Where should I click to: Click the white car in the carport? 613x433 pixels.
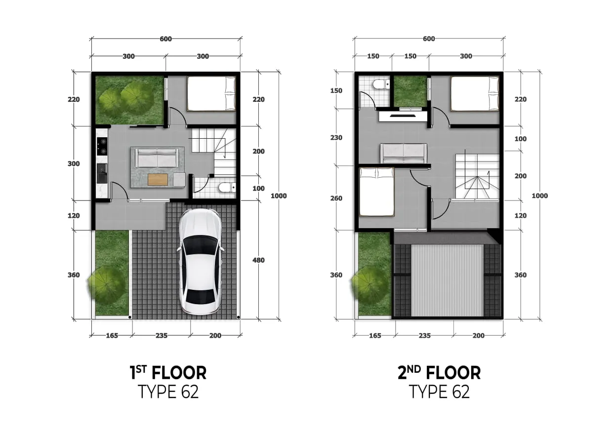click(200, 262)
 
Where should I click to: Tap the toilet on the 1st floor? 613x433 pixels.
click(227, 188)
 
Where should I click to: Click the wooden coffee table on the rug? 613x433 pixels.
click(157, 179)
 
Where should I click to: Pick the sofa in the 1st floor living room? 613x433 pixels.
click(157, 158)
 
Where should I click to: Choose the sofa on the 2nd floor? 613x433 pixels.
click(403, 153)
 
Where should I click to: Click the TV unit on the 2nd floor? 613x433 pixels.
click(403, 117)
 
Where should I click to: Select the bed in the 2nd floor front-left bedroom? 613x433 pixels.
click(376, 192)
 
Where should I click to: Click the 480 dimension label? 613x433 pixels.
click(258, 260)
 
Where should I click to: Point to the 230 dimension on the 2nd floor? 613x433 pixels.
click(336, 138)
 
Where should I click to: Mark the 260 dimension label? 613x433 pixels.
click(336, 198)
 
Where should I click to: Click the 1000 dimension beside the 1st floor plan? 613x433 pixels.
click(279, 196)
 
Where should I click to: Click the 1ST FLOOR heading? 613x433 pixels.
click(167, 372)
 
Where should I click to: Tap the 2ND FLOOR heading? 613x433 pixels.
click(439, 372)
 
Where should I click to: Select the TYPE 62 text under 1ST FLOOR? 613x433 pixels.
click(168, 392)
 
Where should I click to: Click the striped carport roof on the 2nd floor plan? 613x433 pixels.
click(447, 280)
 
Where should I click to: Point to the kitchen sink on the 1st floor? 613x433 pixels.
click(102, 174)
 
